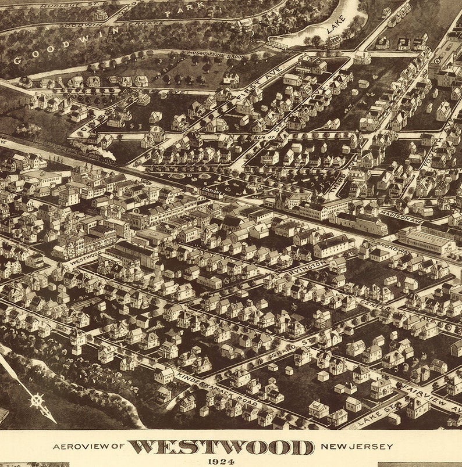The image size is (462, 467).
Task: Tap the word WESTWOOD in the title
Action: click(x=221, y=447)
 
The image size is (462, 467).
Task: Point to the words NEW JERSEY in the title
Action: click(x=356, y=447)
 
